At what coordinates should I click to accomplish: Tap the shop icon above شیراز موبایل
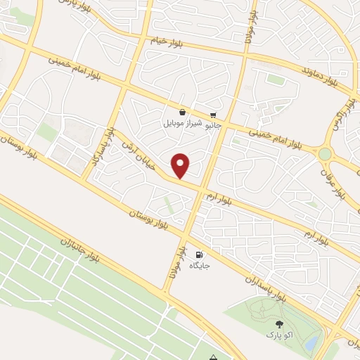coord(183,112)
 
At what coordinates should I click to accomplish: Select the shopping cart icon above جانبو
coord(213,115)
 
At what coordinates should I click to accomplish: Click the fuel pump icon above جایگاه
coord(199,255)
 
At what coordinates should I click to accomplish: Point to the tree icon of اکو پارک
coord(279,325)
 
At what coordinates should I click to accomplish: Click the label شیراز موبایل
coord(183,123)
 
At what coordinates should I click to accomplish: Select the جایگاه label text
coord(199,266)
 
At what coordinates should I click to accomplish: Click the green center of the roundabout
coord(325,154)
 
